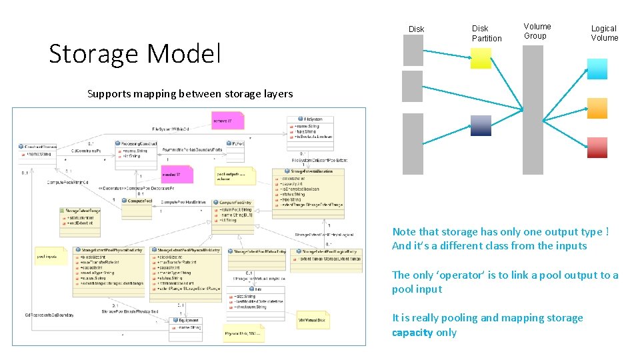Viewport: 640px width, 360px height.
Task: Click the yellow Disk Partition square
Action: point(481,59)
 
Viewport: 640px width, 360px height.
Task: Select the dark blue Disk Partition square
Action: point(481,125)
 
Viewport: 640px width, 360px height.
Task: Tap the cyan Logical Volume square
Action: point(597,69)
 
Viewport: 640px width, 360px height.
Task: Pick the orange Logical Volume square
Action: point(597,108)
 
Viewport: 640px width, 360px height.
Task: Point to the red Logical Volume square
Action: point(597,147)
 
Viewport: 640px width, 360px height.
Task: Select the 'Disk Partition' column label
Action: point(487,33)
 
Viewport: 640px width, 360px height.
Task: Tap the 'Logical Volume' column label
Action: point(604,33)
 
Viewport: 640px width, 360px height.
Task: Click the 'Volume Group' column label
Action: point(537,31)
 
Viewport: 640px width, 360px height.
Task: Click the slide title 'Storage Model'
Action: point(135,53)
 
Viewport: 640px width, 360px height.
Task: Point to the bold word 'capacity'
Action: point(413,333)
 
